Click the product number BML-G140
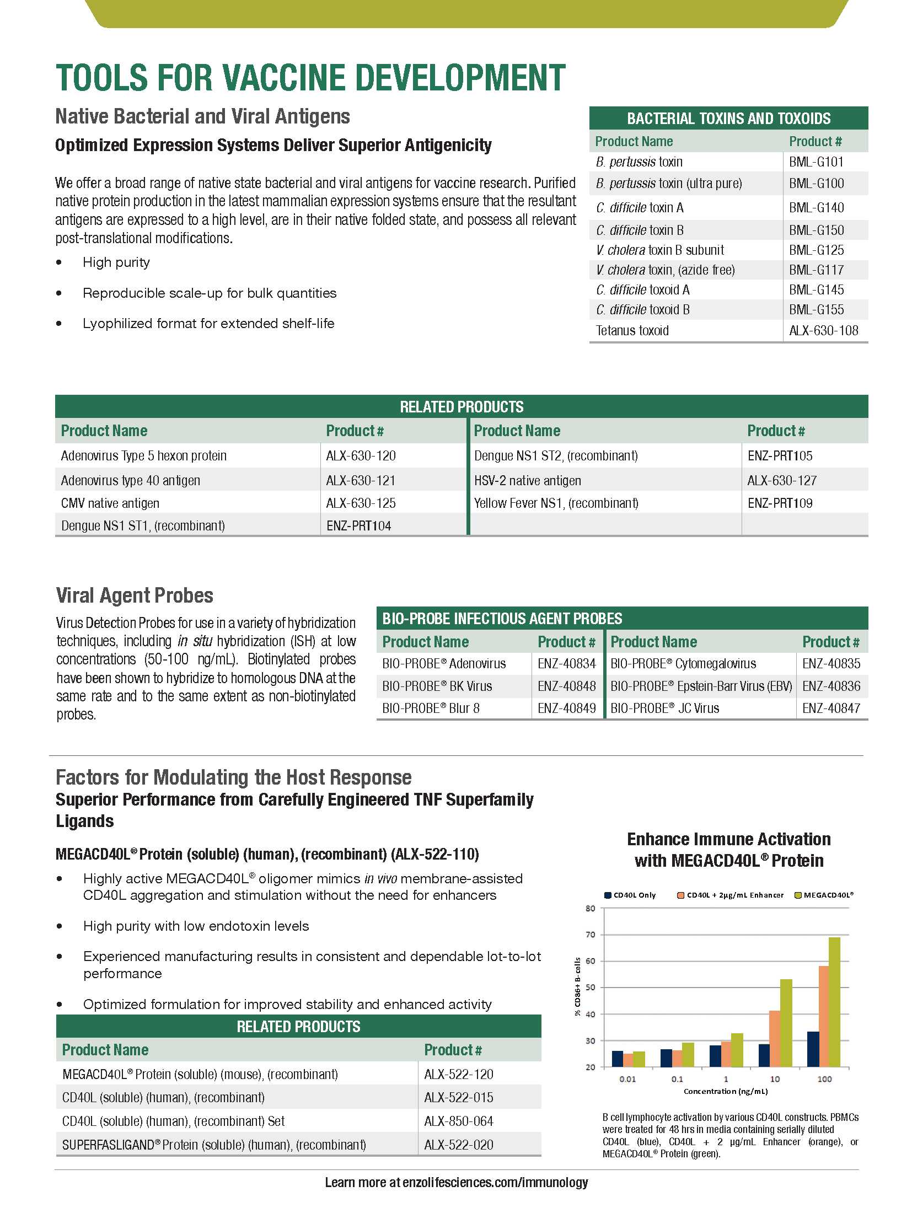click(816, 208)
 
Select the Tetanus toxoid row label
click(632, 331)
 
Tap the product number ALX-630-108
click(823, 331)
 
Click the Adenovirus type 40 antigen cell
click(131, 481)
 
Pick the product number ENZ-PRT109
click(780, 503)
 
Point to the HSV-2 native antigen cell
click(527, 481)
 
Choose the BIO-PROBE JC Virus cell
click(664, 709)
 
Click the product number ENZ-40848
click(566, 686)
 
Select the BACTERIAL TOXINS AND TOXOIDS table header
click(728, 119)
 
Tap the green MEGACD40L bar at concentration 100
click(834, 1002)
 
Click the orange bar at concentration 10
click(775, 1039)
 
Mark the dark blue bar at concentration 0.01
click(617, 1059)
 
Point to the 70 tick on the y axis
click(591, 935)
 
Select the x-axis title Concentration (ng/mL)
click(726, 1092)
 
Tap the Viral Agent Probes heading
click(135, 595)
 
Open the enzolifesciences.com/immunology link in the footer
click(495, 1183)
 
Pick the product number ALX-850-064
click(458, 1121)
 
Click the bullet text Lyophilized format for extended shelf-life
click(208, 324)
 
